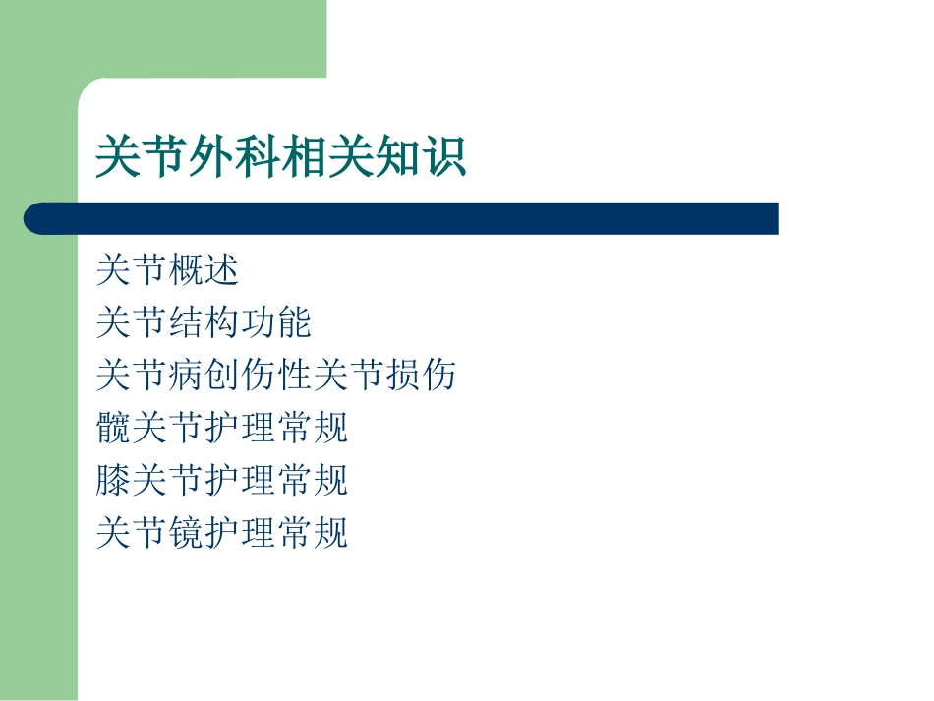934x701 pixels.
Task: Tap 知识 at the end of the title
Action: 420,158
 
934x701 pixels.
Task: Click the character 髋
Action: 114,428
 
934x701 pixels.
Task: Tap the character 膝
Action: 114,481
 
